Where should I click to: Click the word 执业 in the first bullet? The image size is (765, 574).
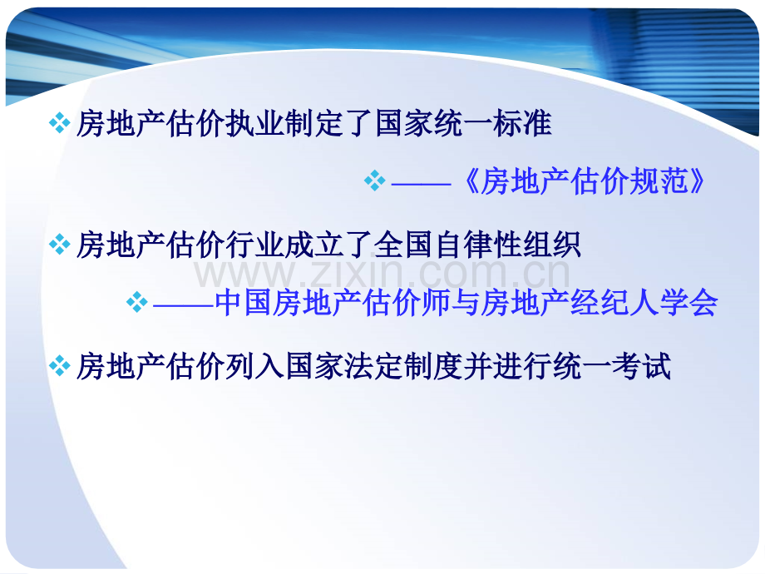click(x=240, y=123)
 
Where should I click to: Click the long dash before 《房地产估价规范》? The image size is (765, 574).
click(x=421, y=184)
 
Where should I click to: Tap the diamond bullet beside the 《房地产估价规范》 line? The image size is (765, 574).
click(x=375, y=181)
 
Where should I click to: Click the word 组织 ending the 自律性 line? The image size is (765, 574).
click(x=552, y=244)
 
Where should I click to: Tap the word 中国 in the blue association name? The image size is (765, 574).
click(x=244, y=303)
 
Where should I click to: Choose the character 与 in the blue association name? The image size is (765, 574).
click(x=466, y=303)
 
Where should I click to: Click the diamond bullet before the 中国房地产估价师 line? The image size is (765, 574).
click(x=137, y=302)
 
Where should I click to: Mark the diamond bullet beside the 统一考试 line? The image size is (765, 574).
click(x=60, y=366)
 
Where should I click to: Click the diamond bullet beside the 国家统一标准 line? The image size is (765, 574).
click(x=60, y=123)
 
